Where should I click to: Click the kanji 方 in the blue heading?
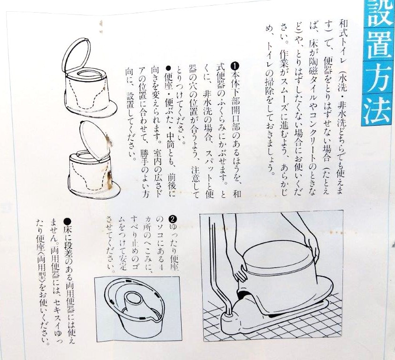(x=378, y=77)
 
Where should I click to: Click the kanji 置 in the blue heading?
(x=378, y=46)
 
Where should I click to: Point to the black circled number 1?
(x=235, y=66)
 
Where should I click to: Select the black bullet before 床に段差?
(x=67, y=222)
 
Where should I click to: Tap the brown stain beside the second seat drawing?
(x=109, y=180)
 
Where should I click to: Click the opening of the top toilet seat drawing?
(x=87, y=73)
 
